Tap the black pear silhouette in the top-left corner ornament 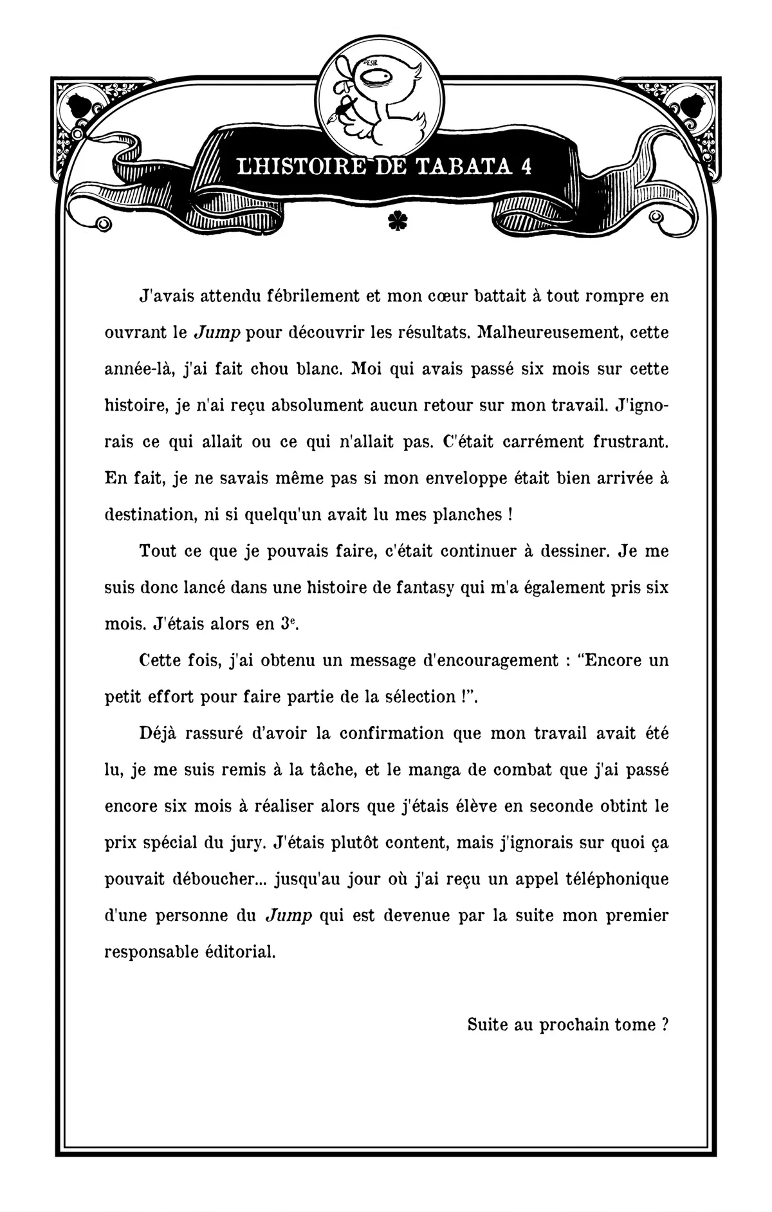pos(85,103)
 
